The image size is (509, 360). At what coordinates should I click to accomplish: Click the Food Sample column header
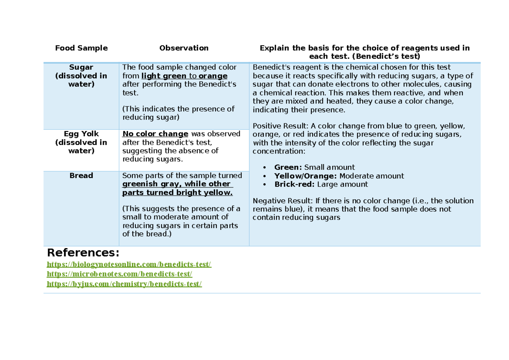pyautogui.click(x=81, y=48)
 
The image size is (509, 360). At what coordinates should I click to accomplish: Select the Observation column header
pyautogui.click(x=184, y=48)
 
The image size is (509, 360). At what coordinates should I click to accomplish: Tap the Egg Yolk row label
pyautogui.click(x=81, y=134)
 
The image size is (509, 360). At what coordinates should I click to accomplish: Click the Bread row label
pyautogui.click(x=81, y=176)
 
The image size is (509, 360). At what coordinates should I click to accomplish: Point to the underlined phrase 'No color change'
pyautogui.click(x=155, y=134)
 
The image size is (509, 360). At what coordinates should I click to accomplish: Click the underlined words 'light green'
pyautogui.click(x=164, y=76)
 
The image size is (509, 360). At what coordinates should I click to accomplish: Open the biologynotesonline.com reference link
pyautogui.click(x=129, y=265)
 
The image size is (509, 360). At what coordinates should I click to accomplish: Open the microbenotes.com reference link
pyautogui.click(x=120, y=274)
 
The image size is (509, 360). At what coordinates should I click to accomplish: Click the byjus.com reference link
pyautogui.click(x=124, y=284)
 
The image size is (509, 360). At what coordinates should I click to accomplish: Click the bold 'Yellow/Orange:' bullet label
pyautogui.click(x=305, y=176)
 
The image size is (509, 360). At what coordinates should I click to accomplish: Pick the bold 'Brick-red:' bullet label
pyautogui.click(x=295, y=184)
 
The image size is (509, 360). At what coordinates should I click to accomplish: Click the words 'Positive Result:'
pyautogui.click(x=280, y=126)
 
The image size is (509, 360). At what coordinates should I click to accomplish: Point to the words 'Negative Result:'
pyautogui.click(x=282, y=201)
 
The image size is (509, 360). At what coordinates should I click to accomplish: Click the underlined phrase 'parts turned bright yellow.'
pyautogui.click(x=177, y=193)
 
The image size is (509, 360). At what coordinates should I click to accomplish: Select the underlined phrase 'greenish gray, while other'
pyautogui.click(x=176, y=184)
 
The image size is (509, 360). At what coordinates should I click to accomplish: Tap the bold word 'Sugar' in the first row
pyautogui.click(x=81, y=67)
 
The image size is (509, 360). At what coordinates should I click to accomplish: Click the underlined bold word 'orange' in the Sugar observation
pyautogui.click(x=213, y=76)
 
